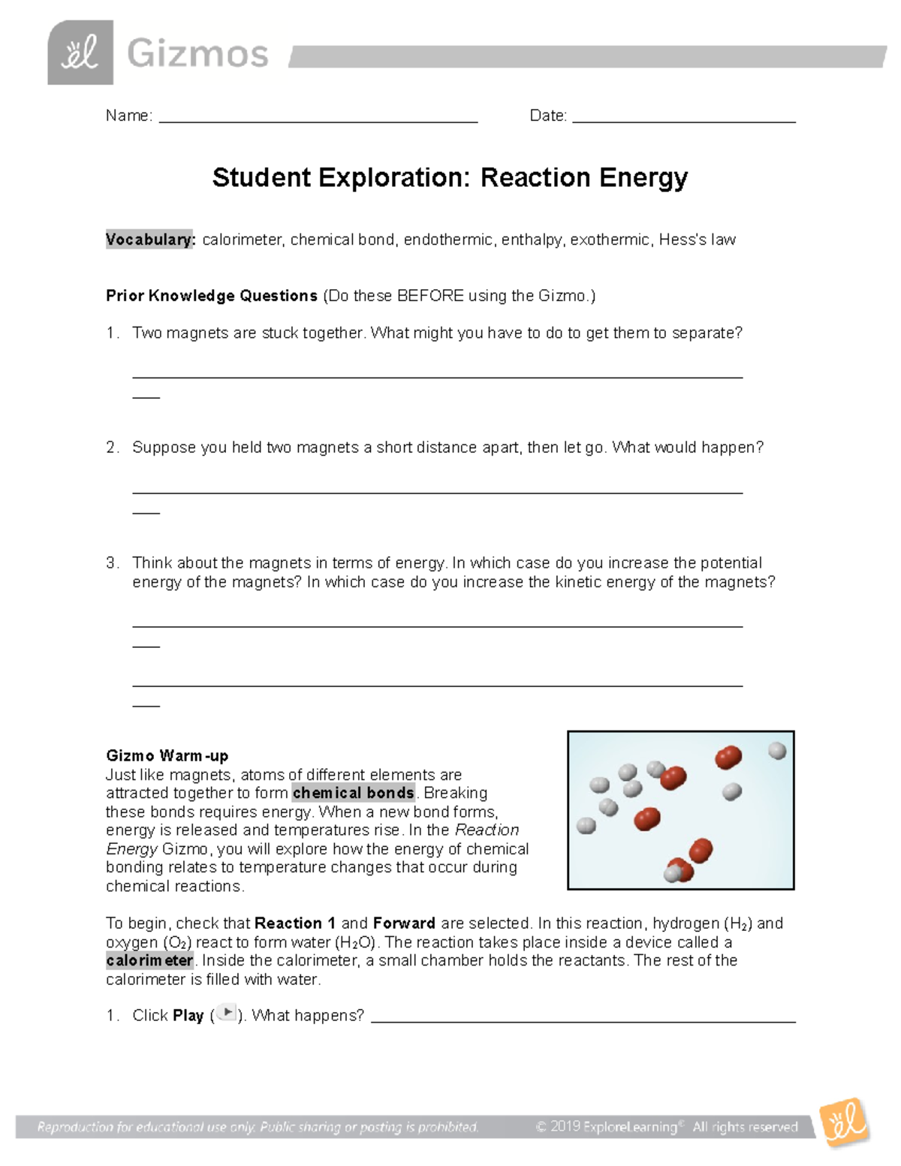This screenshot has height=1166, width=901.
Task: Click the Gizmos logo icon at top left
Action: [80, 53]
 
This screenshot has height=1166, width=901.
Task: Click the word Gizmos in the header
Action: [197, 54]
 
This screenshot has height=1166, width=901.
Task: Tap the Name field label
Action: [128, 116]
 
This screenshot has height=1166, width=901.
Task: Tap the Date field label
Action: [548, 116]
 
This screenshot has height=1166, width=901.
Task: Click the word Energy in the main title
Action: [643, 178]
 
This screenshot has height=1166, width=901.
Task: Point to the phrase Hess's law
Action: [697, 240]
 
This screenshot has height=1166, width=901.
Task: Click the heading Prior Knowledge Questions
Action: [212, 296]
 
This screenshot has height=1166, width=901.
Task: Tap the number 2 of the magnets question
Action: [111, 447]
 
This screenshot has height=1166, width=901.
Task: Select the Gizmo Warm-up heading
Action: [167, 755]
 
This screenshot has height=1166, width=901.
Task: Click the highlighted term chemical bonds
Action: [353, 793]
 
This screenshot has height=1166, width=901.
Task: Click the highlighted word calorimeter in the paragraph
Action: [150, 960]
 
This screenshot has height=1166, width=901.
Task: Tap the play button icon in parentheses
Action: [226, 1014]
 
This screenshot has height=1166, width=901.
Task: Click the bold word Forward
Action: [404, 923]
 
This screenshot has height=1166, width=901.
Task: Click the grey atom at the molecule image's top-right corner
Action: [777, 750]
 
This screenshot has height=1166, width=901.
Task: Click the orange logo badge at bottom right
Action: [844, 1124]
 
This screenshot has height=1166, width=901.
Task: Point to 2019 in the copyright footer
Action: [565, 1127]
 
